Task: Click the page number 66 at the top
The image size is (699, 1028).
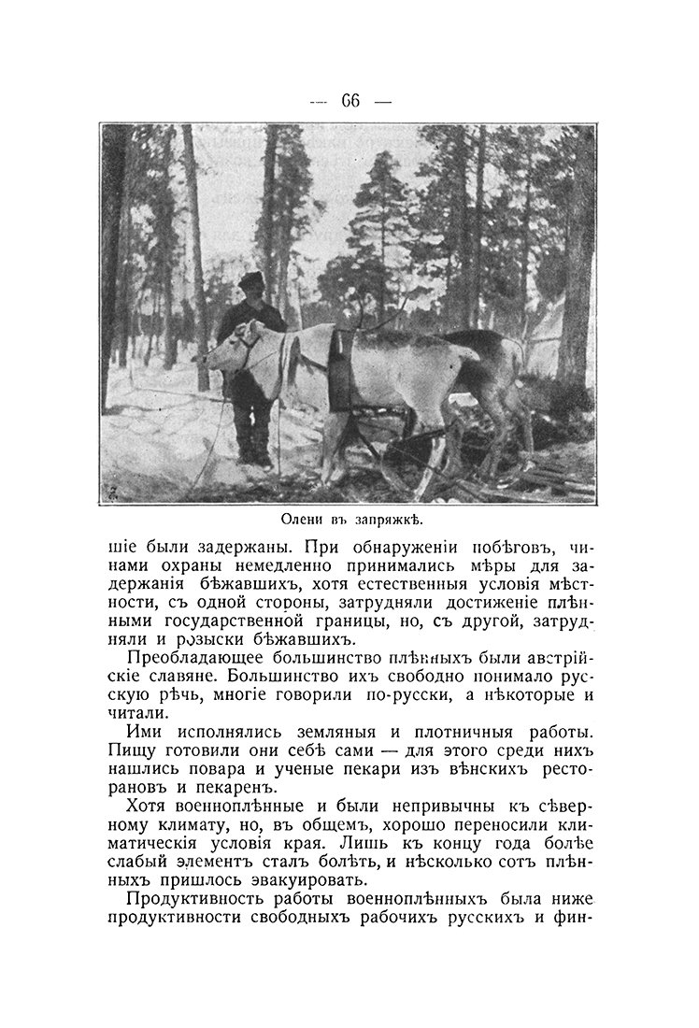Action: (350, 100)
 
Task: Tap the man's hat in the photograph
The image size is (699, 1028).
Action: (250, 279)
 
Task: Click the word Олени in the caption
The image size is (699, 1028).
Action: (304, 519)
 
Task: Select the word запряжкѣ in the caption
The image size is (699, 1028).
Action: (398, 519)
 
